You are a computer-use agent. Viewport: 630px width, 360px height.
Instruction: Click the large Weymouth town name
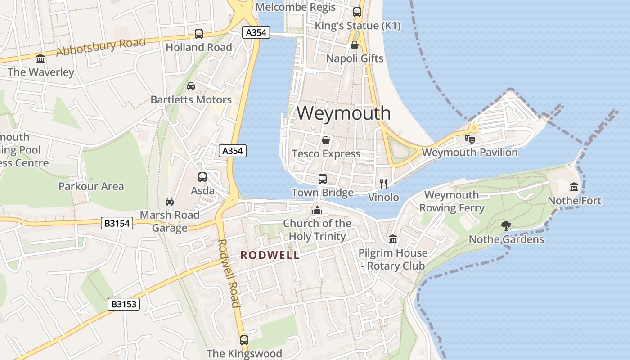pos(343,113)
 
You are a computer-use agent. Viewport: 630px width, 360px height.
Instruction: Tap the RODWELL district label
pos(270,255)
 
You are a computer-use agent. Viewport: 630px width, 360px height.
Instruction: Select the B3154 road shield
pos(117,223)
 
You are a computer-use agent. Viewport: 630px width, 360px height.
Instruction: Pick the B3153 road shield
pos(124,304)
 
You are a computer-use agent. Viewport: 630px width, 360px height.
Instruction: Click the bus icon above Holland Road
pos(198,34)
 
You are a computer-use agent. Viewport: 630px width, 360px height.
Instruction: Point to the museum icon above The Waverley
pos(40,58)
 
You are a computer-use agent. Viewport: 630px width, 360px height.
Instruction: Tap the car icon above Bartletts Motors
pos(191,86)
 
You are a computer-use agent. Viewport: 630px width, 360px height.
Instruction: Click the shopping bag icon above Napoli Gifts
pos(355,45)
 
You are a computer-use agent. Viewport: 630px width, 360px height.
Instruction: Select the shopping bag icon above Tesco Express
pos(326,140)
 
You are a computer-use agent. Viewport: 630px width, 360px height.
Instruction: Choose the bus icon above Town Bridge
pos(323,179)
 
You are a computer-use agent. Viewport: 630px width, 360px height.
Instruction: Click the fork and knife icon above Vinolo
pos(383,184)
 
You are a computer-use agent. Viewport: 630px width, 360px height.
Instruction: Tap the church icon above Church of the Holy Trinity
pos(317,210)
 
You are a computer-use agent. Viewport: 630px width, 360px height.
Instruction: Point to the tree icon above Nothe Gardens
pos(506,225)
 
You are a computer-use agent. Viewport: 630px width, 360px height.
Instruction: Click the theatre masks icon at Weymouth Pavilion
pos(470,139)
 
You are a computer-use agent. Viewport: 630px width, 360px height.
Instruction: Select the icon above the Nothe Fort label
pos(574,187)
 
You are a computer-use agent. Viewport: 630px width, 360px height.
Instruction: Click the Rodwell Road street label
pos(229,273)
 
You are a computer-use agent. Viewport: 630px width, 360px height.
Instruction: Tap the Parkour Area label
pos(91,186)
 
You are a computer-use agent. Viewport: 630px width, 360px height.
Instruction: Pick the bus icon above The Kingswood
pos(244,340)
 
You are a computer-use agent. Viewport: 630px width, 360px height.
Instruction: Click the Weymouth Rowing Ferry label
pos(452,202)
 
